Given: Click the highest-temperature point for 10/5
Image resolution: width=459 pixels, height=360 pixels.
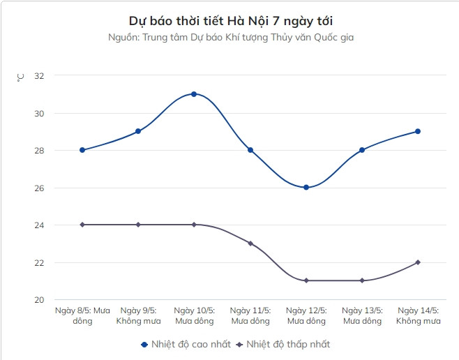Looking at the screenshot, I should pyautogui.click(x=194, y=94).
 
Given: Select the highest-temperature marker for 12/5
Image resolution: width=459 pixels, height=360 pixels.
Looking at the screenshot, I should pyautogui.click(x=306, y=188).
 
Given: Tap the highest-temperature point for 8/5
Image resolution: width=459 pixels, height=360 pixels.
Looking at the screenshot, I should pyautogui.click(x=82, y=150).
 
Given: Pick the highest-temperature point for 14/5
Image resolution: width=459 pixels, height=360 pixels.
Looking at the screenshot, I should pyautogui.click(x=418, y=131).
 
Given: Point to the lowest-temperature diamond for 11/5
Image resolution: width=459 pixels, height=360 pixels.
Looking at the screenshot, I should pyautogui.click(x=250, y=243).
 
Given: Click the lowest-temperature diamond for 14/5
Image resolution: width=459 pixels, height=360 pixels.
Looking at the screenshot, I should pyautogui.click(x=418, y=262).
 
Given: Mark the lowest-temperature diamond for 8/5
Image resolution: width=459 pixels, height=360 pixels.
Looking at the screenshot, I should pyautogui.click(x=82, y=225).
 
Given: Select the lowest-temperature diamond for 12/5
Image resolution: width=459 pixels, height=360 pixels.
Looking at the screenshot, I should pyautogui.click(x=306, y=280).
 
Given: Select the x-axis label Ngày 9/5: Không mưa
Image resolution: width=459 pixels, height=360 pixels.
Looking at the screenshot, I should pyautogui.click(x=138, y=315).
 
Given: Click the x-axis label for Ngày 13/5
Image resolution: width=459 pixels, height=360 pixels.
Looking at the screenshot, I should pyautogui.click(x=362, y=315).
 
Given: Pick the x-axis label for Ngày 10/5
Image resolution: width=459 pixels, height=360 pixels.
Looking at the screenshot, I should pyautogui.click(x=194, y=315).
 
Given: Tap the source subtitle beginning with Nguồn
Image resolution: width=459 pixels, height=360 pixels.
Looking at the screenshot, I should pyautogui.click(x=231, y=37).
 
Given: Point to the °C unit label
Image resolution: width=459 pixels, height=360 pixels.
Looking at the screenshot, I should pyautogui.click(x=20, y=77).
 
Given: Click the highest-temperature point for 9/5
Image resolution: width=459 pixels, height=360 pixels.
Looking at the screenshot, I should pyautogui.click(x=138, y=131).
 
